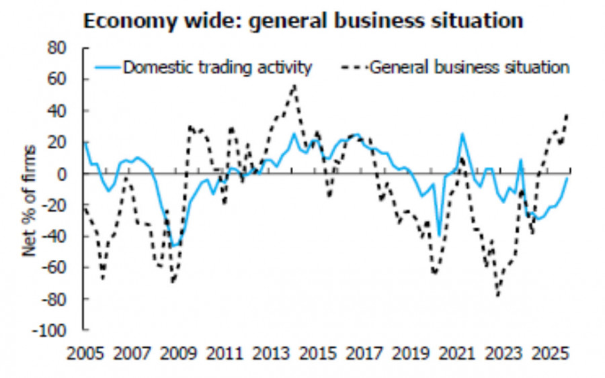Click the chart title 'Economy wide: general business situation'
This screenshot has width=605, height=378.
click(x=302, y=21)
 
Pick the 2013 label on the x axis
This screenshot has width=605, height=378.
click(x=272, y=352)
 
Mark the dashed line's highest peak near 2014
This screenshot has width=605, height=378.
click(x=294, y=85)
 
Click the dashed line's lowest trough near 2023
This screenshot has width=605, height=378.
click(x=498, y=295)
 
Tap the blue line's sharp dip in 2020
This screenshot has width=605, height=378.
click(x=439, y=235)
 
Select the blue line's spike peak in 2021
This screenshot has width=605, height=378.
click(x=462, y=133)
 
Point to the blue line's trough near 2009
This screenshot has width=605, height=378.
click(x=173, y=246)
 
